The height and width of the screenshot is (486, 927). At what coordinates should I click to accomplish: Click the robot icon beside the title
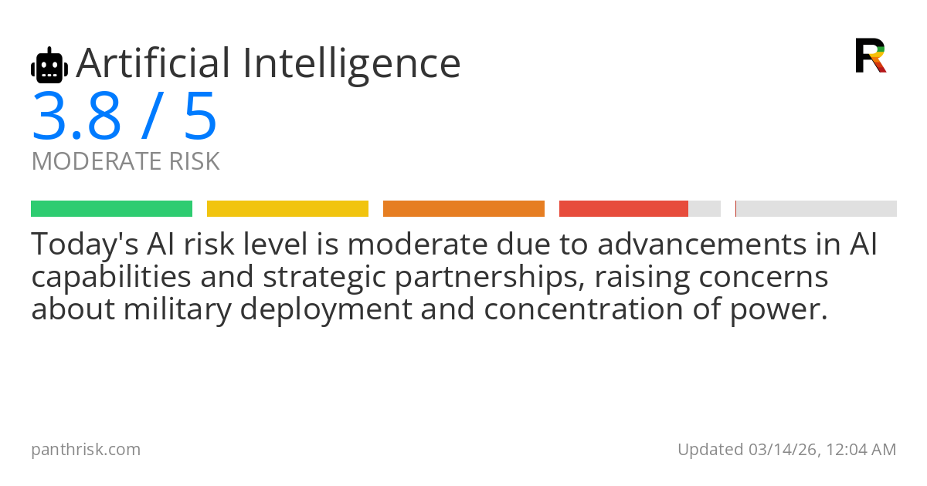tap(49, 66)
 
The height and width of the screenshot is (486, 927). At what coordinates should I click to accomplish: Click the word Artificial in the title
tap(153, 63)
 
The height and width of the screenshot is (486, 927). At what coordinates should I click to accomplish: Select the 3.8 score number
tap(76, 116)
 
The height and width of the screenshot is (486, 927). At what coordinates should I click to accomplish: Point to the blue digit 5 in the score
tap(200, 116)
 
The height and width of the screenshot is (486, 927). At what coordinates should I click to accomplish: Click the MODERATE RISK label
tap(125, 160)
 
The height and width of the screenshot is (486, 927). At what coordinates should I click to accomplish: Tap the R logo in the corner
tap(871, 56)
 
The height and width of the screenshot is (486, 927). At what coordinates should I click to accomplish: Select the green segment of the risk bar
tap(112, 209)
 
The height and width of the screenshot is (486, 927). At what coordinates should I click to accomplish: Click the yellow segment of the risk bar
tap(287, 209)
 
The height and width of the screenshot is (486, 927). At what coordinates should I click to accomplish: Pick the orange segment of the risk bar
tap(464, 209)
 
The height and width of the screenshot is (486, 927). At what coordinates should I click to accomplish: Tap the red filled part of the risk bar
tap(623, 209)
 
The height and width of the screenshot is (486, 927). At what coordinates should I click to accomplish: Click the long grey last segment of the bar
tap(817, 209)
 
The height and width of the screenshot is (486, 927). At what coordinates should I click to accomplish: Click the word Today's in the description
tap(85, 245)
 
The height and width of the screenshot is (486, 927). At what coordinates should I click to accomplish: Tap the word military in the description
tap(178, 310)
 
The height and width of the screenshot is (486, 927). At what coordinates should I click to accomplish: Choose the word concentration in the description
tap(583, 310)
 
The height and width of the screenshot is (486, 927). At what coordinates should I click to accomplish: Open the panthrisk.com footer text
tap(86, 450)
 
